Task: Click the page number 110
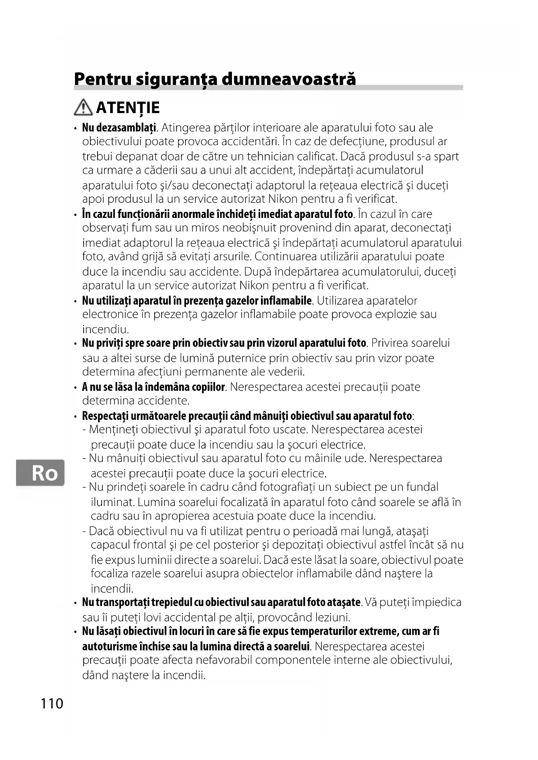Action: pos(52,703)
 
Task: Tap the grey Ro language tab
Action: pos(40,473)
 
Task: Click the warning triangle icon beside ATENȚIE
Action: pos(83,107)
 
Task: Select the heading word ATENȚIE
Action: pos(128,107)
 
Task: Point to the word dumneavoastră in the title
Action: pos(289,79)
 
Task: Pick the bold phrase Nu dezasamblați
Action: pos(119,128)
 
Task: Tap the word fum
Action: pos(140,228)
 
